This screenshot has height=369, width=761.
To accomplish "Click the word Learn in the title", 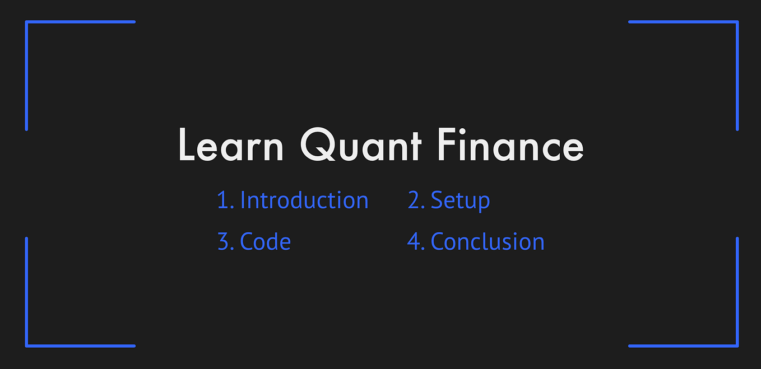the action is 231,144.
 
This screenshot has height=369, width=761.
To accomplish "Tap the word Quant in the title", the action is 361,144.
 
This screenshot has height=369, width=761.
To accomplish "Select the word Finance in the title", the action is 511,144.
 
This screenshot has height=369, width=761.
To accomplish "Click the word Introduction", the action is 304,200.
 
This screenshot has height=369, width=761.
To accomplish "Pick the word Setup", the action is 460,201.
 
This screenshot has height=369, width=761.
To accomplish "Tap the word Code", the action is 265,242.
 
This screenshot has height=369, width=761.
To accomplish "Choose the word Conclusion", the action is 488,242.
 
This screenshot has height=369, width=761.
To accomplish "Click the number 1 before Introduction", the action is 222,200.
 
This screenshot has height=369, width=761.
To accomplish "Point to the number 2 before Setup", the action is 414,200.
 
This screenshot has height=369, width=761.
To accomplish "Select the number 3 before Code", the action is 223,242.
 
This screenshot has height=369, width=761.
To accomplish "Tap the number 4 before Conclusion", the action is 414,242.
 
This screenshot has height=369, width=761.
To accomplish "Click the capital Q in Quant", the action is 318,144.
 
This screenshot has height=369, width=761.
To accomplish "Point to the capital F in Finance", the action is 447,144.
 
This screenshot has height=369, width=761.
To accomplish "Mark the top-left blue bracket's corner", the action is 26,22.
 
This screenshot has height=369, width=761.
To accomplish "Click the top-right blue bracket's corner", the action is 737,22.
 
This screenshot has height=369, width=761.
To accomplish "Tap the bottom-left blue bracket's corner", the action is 26,346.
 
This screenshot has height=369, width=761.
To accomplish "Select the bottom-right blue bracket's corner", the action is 737,346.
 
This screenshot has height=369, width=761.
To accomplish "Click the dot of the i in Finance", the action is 462,131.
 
